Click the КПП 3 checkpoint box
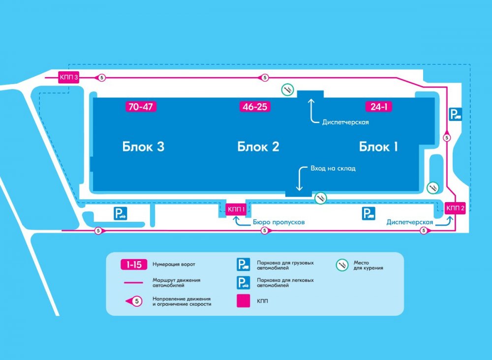(x=69, y=77)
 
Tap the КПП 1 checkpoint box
(x=236, y=210)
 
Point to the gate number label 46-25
(x=255, y=107)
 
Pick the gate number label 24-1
(x=378, y=107)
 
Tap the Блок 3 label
(x=143, y=147)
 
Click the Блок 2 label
(x=258, y=147)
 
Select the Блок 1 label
(x=378, y=147)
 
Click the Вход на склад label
(x=333, y=168)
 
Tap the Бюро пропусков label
(x=278, y=222)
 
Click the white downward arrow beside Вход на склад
(x=299, y=178)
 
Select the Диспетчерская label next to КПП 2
(x=409, y=222)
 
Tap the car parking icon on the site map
(x=121, y=213)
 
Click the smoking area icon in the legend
(x=342, y=265)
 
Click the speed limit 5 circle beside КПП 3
(x=101, y=78)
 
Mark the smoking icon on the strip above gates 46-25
(x=288, y=90)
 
